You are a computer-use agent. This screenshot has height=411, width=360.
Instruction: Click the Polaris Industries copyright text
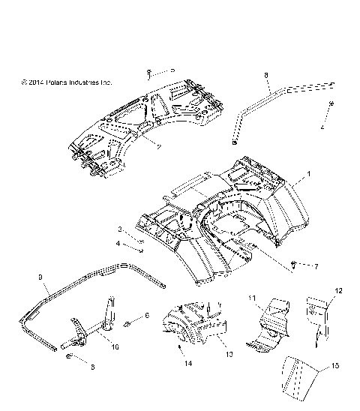point(67,82)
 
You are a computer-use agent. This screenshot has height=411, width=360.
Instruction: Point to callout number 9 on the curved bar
point(40,277)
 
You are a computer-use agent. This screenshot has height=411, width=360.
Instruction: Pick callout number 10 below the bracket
point(115,348)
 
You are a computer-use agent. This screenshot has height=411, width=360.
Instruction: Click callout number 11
point(253,298)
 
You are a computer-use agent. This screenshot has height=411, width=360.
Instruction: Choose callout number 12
point(338,290)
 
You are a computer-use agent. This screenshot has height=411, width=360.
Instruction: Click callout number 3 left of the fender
point(118,229)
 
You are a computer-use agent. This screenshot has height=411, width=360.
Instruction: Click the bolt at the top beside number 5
point(150,73)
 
